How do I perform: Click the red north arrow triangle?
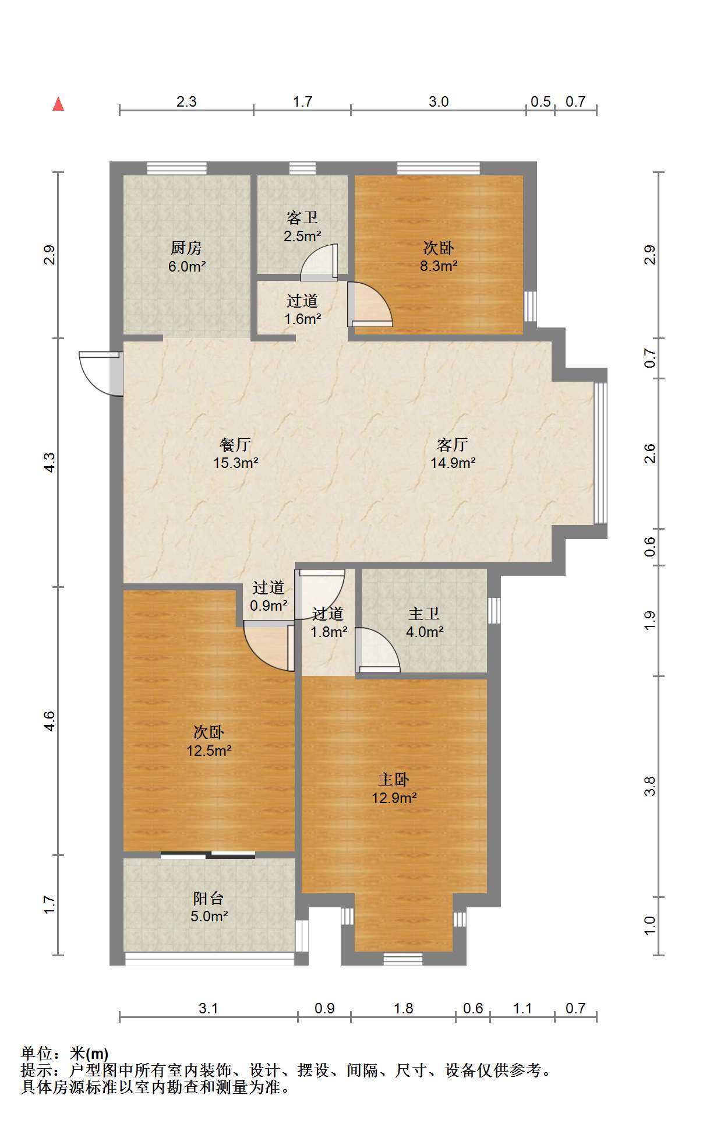(x=58, y=104)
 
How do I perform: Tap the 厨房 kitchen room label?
(x=186, y=248)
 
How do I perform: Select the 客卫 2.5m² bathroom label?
(x=302, y=227)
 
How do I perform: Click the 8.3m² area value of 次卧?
(x=439, y=266)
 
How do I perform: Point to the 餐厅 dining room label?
(x=235, y=445)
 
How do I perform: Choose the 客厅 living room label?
(x=453, y=445)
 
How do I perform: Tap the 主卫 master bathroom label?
(x=424, y=614)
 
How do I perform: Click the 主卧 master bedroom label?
(x=394, y=780)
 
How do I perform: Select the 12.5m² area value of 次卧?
(x=209, y=751)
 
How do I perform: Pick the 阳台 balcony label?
(x=209, y=899)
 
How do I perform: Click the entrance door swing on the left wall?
(x=100, y=374)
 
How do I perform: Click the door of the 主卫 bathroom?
(x=377, y=650)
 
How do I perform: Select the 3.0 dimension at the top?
(x=439, y=101)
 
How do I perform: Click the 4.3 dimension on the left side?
(x=50, y=463)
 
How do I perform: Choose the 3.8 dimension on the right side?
(x=649, y=786)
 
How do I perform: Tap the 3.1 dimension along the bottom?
(x=208, y=1008)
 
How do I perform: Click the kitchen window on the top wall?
(x=176, y=168)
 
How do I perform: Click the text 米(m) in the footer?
(x=89, y=1054)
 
